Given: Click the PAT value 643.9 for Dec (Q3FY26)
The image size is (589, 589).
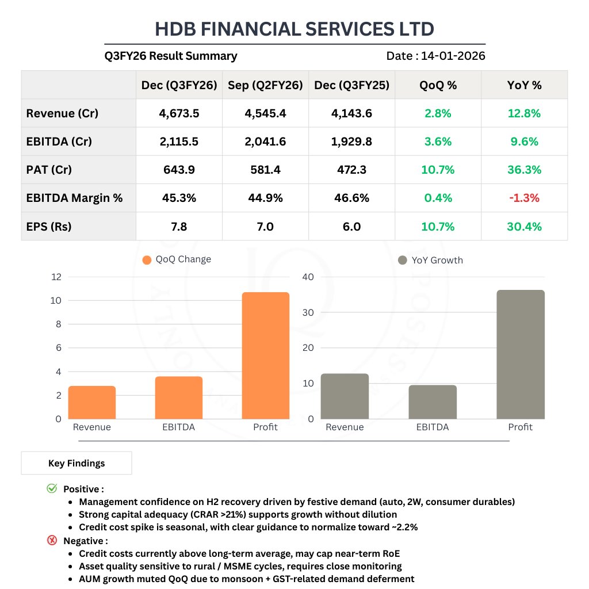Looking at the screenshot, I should point(179,170).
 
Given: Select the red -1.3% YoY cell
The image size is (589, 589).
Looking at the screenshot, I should point(524,198).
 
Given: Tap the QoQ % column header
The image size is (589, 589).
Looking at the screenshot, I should point(438,85).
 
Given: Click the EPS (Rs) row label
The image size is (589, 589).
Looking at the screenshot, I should point(49,227).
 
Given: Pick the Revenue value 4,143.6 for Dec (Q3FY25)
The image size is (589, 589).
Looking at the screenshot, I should point(351,113).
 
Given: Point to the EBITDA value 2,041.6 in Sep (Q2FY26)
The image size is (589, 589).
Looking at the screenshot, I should point(265,141).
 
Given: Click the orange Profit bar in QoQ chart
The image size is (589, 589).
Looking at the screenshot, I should point(265,355).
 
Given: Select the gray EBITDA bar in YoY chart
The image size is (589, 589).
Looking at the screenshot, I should point(432,401).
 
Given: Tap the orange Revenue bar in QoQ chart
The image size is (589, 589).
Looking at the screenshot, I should point(92,402).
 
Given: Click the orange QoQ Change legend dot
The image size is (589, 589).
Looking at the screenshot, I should point(147,259).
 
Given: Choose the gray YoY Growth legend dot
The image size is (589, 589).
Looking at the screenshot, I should point(403,260).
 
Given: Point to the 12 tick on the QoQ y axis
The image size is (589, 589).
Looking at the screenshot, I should point(56,277).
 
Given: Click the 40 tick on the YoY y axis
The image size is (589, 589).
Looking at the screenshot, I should point(308,277).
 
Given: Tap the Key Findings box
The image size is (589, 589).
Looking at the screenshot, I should point(77,463).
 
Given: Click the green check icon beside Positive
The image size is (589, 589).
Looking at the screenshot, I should point(52,489).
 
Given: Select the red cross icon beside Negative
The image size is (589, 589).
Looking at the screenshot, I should point(52,541).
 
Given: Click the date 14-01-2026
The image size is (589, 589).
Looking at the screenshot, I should point(453,56).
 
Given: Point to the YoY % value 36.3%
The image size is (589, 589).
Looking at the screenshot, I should point(524,170).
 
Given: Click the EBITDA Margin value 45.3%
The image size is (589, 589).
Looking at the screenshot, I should point(179,198).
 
